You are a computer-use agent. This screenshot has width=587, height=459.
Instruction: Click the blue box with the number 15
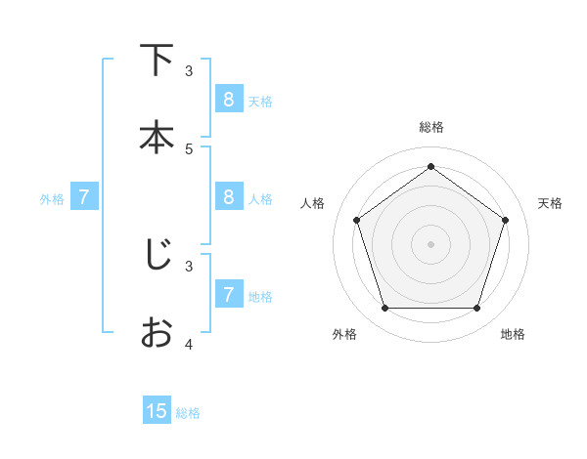(x=157, y=411)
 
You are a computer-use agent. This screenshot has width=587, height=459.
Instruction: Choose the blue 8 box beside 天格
(x=229, y=99)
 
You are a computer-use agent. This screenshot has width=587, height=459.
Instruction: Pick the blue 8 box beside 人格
(x=229, y=196)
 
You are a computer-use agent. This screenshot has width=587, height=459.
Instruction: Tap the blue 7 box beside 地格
(x=229, y=293)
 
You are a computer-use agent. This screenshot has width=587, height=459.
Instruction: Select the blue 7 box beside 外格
(x=85, y=196)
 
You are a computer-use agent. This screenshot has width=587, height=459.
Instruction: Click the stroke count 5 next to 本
(x=189, y=148)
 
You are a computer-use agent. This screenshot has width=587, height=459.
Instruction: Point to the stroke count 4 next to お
(x=189, y=344)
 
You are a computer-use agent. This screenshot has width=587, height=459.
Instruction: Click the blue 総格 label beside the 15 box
(x=188, y=413)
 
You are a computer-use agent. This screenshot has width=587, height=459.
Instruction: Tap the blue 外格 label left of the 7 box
(x=52, y=199)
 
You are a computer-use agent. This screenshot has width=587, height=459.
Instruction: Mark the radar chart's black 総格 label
(x=430, y=127)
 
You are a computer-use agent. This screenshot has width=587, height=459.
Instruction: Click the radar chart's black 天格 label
(x=550, y=203)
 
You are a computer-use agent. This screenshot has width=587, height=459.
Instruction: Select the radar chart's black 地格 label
(x=513, y=334)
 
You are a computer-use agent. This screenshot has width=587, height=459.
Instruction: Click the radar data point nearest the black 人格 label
(x=357, y=220)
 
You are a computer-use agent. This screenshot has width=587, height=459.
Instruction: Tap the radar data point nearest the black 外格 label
(x=385, y=308)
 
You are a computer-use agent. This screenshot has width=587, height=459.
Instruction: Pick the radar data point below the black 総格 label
(x=430, y=167)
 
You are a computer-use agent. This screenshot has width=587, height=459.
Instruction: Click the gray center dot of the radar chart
(x=430, y=243)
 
